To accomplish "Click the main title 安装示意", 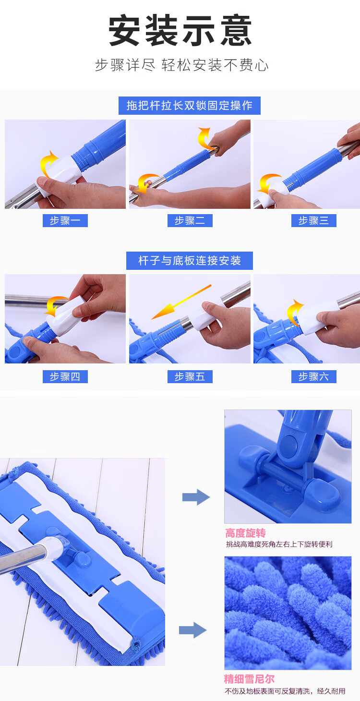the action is pyautogui.click(x=180, y=31).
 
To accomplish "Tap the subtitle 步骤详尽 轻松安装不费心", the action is pyautogui.click(x=182, y=65).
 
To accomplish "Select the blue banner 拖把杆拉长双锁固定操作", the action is pyautogui.click(x=189, y=106).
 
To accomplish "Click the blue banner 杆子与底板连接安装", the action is pyautogui.click(x=190, y=261).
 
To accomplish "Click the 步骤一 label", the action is pyautogui.click(x=65, y=221).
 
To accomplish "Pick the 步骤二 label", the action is pyautogui.click(x=190, y=221).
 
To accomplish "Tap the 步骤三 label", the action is pyautogui.click(x=314, y=221).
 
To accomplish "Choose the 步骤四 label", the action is pyautogui.click(x=65, y=376).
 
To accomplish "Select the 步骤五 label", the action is pyautogui.click(x=190, y=376).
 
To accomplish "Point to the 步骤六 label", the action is pyautogui.click(x=314, y=376).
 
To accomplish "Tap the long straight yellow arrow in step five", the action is pyautogui.click(x=181, y=302).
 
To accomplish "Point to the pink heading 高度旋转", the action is pyautogui.click(x=246, y=533).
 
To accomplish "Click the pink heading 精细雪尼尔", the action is pyautogui.click(x=249, y=679).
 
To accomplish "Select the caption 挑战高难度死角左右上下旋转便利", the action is pyautogui.click(x=279, y=544).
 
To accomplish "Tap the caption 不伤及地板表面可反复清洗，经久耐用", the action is pyautogui.click(x=285, y=691).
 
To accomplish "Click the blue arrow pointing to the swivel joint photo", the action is pyautogui.click(x=196, y=497).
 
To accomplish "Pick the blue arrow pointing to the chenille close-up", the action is pyautogui.click(x=192, y=630).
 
